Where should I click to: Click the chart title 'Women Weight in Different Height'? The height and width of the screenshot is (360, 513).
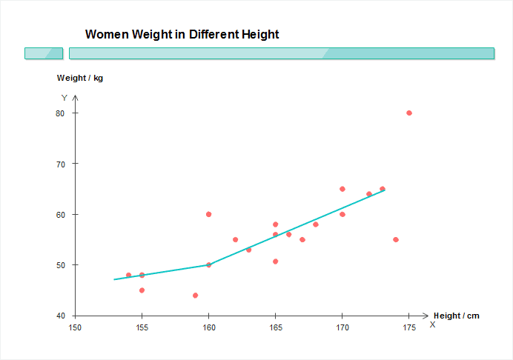[x=182, y=34]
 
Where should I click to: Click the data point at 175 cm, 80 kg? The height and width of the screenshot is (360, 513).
[x=409, y=113]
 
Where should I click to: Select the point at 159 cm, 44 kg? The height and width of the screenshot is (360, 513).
[x=195, y=296]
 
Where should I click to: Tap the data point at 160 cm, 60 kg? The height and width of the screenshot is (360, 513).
[x=208, y=214]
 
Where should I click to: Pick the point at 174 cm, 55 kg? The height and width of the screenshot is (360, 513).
[x=396, y=239]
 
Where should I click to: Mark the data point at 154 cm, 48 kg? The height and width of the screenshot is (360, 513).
[x=128, y=275]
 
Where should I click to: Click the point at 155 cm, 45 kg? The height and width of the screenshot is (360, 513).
[x=142, y=290]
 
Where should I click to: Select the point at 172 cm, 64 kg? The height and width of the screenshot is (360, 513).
[x=369, y=194]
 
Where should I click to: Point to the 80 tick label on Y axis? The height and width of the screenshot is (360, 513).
[x=59, y=113]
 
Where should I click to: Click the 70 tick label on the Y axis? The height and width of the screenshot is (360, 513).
[x=59, y=164]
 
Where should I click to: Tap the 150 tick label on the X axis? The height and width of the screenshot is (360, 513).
[x=75, y=327]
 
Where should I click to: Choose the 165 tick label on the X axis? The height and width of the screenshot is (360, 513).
[x=275, y=327]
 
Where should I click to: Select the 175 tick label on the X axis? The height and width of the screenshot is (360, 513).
[x=408, y=327]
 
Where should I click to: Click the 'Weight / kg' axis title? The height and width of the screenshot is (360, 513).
[x=80, y=78]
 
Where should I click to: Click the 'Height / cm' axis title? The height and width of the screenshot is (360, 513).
[x=457, y=316]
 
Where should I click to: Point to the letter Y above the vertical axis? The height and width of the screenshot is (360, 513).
[x=64, y=98]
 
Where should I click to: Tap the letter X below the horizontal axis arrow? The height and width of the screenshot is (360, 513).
[x=432, y=324]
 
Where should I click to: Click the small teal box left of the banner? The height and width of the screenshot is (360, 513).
[x=44, y=53]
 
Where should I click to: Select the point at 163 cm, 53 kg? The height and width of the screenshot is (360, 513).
[x=248, y=250]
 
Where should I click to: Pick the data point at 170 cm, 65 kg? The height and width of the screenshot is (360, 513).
[x=342, y=189]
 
